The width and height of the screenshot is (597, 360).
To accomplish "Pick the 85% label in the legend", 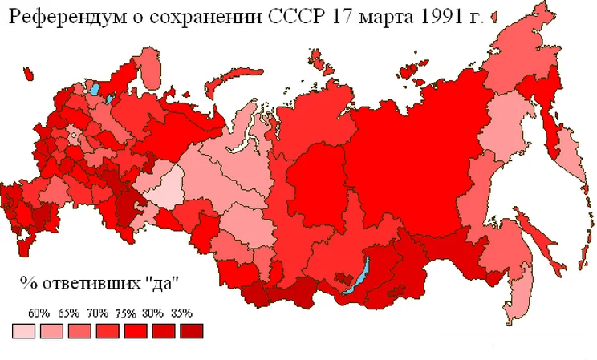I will point(182,313).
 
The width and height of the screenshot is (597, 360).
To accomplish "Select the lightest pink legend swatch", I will point(23,330).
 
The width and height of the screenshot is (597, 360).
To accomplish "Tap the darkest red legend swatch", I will point(191,330).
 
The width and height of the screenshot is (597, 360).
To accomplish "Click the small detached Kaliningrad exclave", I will point(28,76).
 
